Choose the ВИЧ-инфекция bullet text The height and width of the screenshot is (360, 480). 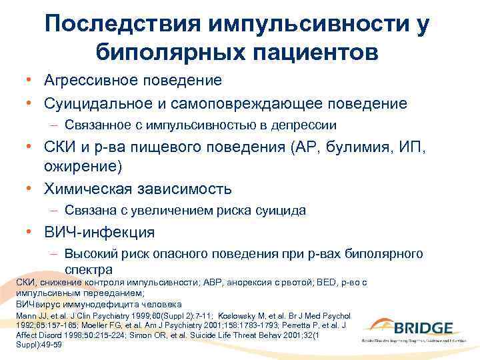click(x=99, y=233)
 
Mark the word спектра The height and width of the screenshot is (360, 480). click(x=88, y=269)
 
